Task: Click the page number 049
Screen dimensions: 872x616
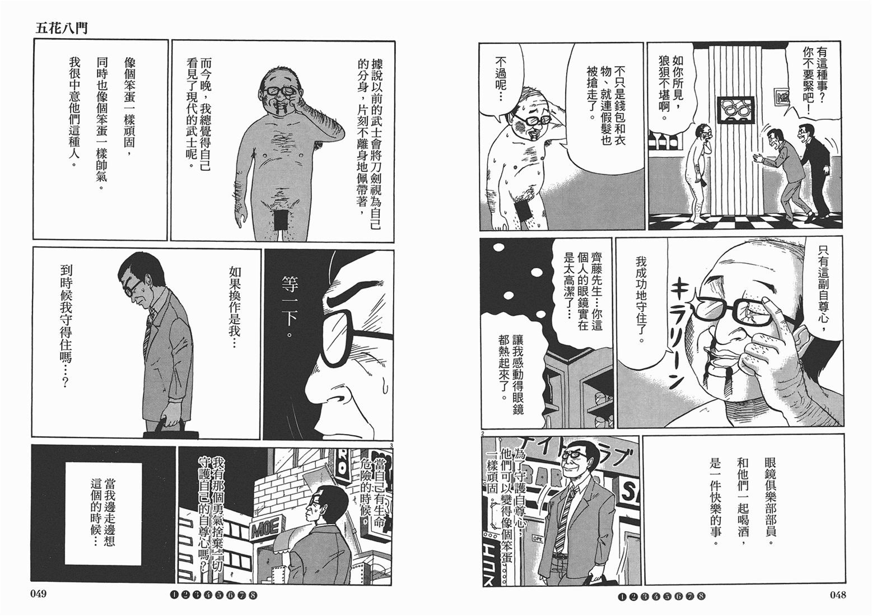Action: point(38,595)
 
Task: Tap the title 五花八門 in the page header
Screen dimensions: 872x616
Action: point(61,28)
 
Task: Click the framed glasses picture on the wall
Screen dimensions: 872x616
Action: point(736,110)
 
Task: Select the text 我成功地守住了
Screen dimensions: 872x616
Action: point(641,300)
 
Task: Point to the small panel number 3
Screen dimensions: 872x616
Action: point(391,446)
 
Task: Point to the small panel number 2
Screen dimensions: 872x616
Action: point(483,433)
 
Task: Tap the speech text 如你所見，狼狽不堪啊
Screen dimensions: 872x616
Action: point(672,88)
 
